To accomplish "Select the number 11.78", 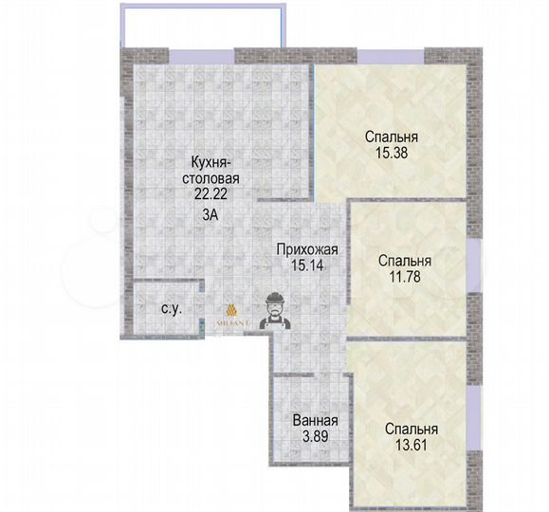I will click(x=405, y=277).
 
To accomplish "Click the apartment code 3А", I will click(x=211, y=214).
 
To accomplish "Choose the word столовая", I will click(x=212, y=176).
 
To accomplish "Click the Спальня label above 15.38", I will click(x=392, y=136).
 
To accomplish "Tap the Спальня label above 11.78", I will click(x=405, y=261).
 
